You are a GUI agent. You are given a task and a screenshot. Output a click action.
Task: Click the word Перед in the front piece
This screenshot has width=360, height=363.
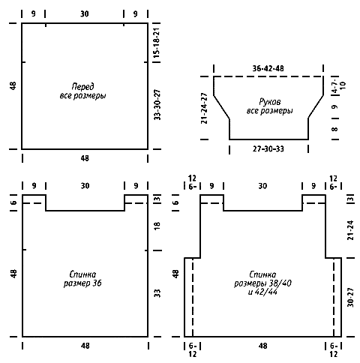tap(82, 86)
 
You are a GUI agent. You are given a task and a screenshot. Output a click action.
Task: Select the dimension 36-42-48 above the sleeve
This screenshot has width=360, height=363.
tap(268, 68)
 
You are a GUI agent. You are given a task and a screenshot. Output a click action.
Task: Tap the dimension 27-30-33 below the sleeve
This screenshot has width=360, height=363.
tap(268, 149)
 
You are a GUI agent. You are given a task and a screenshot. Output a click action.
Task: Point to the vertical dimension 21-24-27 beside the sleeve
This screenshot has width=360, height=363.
tap(204, 108)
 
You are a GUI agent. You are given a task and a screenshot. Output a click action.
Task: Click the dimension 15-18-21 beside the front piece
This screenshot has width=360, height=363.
tap(157, 43)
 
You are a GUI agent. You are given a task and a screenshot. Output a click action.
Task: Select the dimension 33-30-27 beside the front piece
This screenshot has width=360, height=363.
tap(157, 105)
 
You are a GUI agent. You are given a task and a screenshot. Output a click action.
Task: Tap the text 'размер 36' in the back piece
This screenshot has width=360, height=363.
tap(82, 283)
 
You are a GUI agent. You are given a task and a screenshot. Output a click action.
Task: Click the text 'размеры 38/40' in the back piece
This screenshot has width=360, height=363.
tap(262, 283)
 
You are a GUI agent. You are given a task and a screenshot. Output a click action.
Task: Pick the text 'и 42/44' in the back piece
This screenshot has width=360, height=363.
tap(262, 292)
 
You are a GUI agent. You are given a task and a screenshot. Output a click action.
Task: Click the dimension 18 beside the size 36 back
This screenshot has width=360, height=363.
tap(157, 226)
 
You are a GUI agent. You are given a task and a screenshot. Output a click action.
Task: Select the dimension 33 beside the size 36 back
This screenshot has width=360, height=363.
tap(157, 293)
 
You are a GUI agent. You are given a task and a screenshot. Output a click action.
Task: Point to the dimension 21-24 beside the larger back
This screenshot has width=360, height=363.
tap(351, 230)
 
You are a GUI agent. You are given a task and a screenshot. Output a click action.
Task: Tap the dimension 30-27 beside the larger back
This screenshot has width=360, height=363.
tap(351, 297)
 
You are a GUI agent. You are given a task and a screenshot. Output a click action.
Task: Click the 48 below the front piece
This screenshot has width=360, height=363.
tap(85, 158)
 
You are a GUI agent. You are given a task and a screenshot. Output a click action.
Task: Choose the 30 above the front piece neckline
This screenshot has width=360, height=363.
tap(85, 13)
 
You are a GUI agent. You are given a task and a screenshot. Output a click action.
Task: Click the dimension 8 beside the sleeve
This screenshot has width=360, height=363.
tap(334, 129)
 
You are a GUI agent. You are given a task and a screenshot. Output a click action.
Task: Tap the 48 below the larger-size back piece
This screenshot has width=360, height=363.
tap(262, 346)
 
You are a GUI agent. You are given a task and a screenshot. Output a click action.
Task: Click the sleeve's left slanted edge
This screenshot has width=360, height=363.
tap(221, 106)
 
